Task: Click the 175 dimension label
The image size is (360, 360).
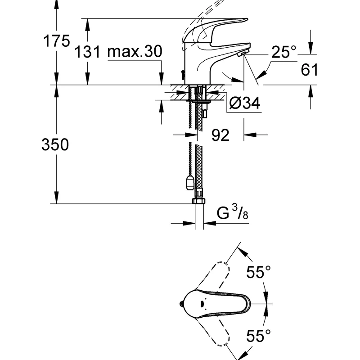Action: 57,41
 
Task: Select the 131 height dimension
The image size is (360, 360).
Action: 87,52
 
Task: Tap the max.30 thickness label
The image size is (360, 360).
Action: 135,51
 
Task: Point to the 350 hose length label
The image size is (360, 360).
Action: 55,144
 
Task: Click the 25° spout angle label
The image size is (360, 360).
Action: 284,52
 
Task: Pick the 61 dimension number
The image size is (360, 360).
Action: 309,70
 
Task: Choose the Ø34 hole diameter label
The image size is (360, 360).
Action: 245,103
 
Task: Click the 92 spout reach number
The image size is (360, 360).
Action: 220,135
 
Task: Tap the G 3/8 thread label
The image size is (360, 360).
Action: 232,212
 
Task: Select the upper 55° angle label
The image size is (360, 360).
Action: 258,272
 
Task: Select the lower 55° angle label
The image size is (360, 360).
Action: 258,336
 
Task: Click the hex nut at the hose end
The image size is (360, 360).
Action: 199,201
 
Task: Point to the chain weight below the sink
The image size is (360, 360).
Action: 190,183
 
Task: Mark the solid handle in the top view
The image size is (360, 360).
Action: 215,303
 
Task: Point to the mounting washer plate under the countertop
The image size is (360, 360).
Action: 198,101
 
